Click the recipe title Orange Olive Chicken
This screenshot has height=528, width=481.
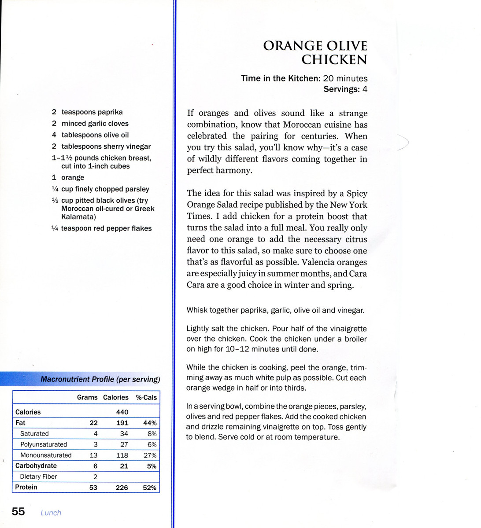tap(315, 52)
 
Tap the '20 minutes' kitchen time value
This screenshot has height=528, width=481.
tap(345, 78)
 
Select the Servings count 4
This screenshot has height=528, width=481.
tap(365, 89)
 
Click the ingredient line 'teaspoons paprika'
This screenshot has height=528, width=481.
tap(92, 112)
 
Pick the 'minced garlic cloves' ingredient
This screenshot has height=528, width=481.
tap(95, 124)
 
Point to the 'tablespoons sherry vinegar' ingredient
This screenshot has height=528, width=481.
tap(106, 147)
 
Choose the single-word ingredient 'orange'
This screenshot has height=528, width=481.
tap(73, 178)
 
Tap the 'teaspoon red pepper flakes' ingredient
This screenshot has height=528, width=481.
tap(106, 228)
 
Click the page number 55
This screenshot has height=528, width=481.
tap(18, 511)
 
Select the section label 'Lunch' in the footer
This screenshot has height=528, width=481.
tap(51, 513)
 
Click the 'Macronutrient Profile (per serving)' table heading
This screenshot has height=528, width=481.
tap(100, 379)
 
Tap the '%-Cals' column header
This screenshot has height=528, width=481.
tap(146, 397)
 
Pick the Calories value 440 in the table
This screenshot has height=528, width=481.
tap(122, 412)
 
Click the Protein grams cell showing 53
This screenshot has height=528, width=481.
tap(93, 488)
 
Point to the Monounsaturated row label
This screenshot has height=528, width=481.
tap(46, 455)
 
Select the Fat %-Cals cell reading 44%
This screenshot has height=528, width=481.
tap(150, 423)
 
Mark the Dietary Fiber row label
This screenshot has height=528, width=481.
tap(38, 477)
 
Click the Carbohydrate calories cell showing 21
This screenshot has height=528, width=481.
tap(124, 466)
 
